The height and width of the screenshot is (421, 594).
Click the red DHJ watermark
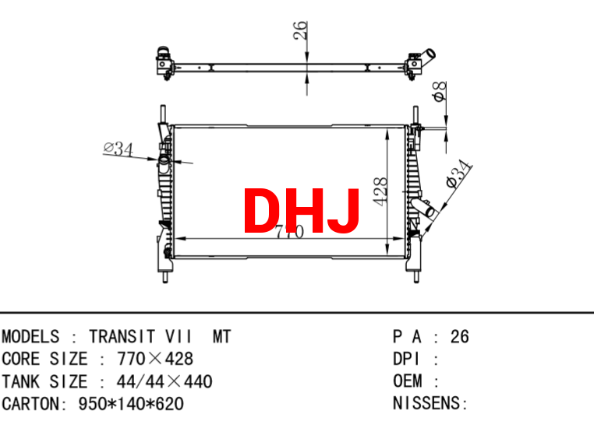(x=301, y=210)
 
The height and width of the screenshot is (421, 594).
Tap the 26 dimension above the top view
(x=300, y=30)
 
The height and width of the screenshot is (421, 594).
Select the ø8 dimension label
(x=440, y=92)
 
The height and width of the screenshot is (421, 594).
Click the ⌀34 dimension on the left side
(x=118, y=149)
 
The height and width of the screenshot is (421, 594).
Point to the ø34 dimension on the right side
(x=458, y=174)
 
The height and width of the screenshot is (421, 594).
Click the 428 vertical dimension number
(x=380, y=191)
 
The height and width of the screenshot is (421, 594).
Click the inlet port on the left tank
(x=164, y=161)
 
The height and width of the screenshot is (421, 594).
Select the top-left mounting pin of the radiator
(x=163, y=114)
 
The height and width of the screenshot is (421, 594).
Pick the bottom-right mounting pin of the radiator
(x=416, y=277)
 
